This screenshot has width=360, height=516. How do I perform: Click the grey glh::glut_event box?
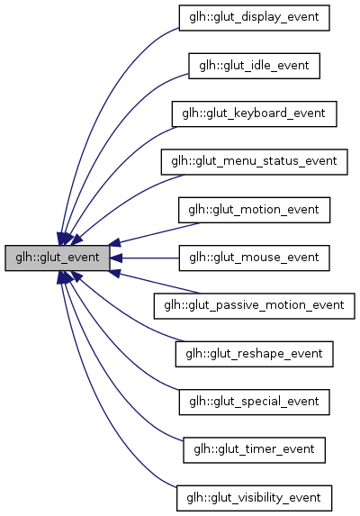click(x=58, y=258)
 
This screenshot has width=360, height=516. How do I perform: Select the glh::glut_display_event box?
click(x=253, y=18)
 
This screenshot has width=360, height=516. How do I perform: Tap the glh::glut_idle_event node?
click(x=253, y=66)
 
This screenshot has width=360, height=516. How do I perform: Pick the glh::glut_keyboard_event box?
click(x=253, y=113)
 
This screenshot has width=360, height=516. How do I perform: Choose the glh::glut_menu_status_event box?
click(x=253, y=162)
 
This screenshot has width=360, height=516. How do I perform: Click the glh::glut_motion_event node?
click(x=253, y=210)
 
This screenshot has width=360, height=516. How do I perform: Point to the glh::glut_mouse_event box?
click(x=253, y=258)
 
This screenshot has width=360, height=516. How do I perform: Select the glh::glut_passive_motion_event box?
click(x=253, y=305)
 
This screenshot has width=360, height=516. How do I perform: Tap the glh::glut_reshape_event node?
click(x=253, y=354)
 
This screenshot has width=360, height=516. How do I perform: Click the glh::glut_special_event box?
click(x=253, y=402)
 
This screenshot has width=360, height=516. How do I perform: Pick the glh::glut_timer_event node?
click(x=253, y=449)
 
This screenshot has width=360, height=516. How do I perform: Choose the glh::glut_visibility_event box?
click(x=253, y=497)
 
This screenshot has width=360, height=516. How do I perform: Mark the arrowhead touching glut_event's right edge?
click(x=117, y=258)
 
